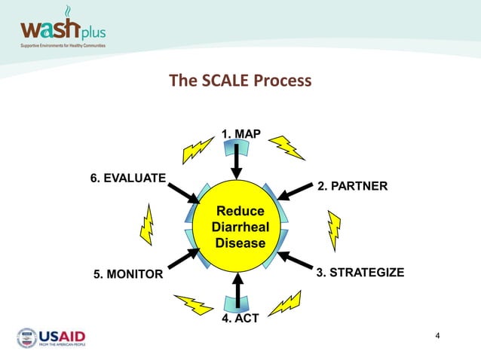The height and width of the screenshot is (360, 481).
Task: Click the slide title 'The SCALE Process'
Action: click(x=240, y=81)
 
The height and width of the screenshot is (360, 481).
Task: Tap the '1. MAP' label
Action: click(x=240, y=133)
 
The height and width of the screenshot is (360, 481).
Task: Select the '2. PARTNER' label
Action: click(x=352, y=185)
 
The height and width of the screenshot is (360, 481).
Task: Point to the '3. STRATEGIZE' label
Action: click(x=360, y=272)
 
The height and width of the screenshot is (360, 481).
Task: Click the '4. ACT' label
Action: click(x=240, y=319)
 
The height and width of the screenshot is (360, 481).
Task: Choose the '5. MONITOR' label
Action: click(x=127, y=274)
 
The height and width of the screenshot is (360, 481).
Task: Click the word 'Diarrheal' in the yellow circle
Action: click(x=240, y=227)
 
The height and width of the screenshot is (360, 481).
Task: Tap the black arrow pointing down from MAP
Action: click(x=237, y=160)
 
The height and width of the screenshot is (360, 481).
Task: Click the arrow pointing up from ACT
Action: click(x=239, y=290)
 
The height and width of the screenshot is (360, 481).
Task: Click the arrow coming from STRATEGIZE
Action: click(x=295, y=260)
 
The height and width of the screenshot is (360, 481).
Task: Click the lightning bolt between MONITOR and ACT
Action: click(x=194, y=304)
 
